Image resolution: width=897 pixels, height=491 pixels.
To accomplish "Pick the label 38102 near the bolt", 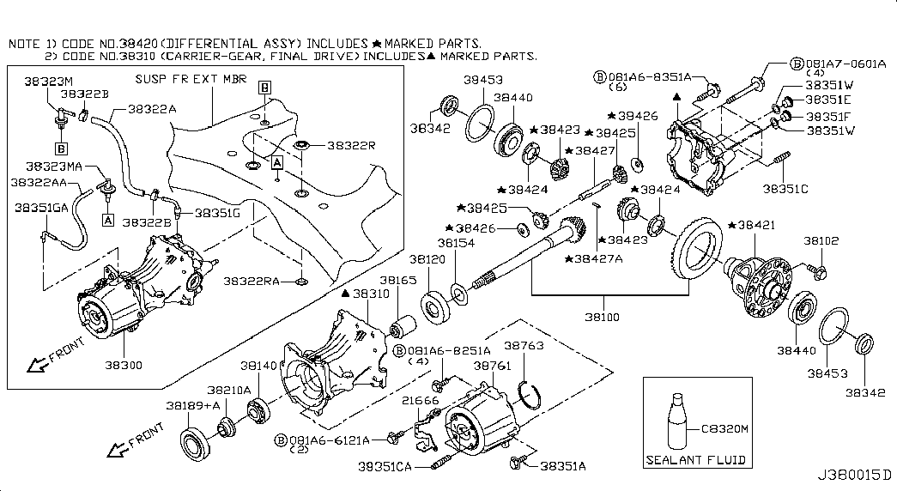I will pyautogui.click(x=821, y=242).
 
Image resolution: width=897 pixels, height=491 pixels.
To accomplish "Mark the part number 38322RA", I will pyautogui.click(x=250, y=281).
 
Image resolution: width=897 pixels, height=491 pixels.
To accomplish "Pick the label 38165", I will pyautogui.click(x=398, y=281).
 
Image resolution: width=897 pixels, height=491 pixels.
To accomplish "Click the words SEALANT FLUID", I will pyautogui.click(x=695, y=459).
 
